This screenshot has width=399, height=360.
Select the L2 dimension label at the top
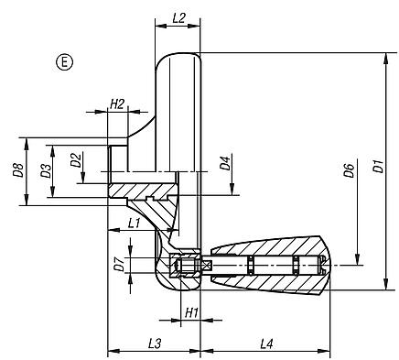(178, 17)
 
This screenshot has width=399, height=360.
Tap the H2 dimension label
(117, 104)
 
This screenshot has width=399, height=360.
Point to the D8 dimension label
(17, 170)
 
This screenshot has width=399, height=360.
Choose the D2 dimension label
(77, 162)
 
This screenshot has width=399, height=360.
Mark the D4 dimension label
(224, 165)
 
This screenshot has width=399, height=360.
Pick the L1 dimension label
(134, 223)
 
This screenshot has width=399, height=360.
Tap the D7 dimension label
(117, 266)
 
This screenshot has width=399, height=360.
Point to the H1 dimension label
(192, 312)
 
